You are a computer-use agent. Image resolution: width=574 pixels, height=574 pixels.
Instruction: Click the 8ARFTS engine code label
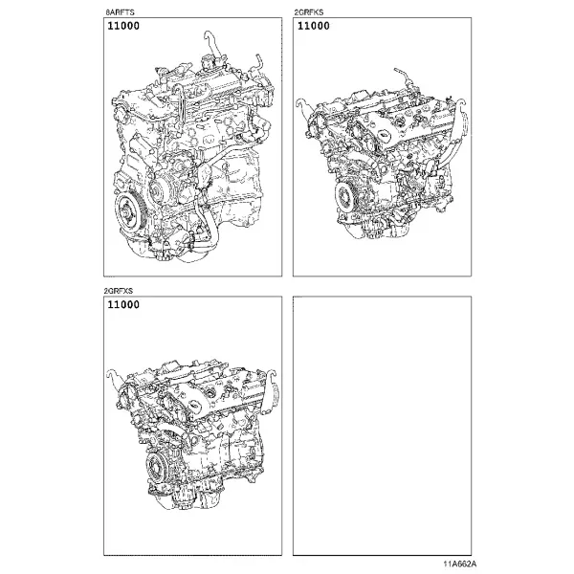click(120, 12)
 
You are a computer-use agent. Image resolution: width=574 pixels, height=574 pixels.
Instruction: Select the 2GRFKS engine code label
click(309, 12)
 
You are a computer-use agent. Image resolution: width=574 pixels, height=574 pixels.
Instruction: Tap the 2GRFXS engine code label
click(119, 291)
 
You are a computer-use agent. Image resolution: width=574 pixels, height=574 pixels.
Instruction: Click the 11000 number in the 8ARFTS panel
click(123, 26)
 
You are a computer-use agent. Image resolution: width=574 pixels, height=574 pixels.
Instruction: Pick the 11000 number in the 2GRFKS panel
click(314, 26)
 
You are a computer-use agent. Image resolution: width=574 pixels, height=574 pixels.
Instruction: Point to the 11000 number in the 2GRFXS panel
click(123, 304)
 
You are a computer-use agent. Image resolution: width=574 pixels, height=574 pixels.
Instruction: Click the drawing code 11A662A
click(460, 563)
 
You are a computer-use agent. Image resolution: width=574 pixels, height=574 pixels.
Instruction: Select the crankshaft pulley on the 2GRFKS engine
click(346, 198)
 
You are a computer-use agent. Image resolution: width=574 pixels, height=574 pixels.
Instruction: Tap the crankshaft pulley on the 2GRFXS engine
click(157, 468)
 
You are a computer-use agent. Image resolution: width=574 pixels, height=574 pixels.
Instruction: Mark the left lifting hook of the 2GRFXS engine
click(115, 376)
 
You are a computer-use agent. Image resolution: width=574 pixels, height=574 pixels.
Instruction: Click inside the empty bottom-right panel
click(382, 426)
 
